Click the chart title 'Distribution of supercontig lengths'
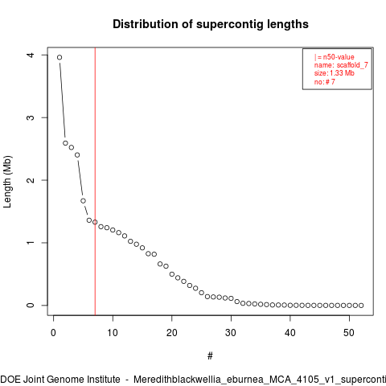[x=211, y=24]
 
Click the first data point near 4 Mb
[x=60, y=57]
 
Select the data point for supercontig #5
[x=83, y=201]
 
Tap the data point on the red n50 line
[x=95, y=222]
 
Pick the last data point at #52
[x=361, y=306]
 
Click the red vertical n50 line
[x=95, y=181]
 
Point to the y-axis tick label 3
[x=31, y=117]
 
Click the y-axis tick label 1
[x=31, y=243]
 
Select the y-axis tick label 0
[x=31, y=306]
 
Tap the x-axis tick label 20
[x=172, y=333]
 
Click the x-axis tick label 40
[x=290, y=333]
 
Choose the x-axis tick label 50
[x=349, y=333]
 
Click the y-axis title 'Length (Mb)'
[x=7, y=182]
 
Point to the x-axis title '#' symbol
[x=210, y=356]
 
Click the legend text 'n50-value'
[x=339, y=57]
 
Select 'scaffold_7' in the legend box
[x=352, y=65]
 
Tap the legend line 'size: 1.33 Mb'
[x=335, y=73]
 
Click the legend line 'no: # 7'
[x=325, y=81]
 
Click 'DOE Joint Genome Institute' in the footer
[x=60, y=380]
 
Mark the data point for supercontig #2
[x=65, y=143]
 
